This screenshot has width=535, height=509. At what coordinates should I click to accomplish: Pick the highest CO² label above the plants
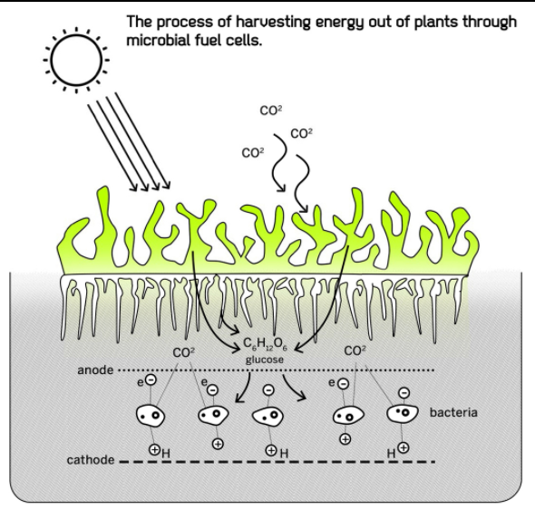point(271,110)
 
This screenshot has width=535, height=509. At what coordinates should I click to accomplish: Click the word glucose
point(265,360)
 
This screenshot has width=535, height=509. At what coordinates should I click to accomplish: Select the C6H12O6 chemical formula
point(265,344)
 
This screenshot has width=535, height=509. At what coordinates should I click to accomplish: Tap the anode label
point(95,370)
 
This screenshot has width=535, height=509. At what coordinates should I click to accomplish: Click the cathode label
point(91,460)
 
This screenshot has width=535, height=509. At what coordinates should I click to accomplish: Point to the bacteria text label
point(453,413)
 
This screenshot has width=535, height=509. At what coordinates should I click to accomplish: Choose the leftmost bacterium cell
point(151,416)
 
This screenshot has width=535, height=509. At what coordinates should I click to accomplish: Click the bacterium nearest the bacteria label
point(403,413)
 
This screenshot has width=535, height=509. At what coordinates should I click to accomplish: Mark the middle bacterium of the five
point(267,416)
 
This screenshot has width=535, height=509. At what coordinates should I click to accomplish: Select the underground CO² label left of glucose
point(183,352)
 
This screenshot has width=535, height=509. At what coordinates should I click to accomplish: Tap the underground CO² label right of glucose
point(355,351)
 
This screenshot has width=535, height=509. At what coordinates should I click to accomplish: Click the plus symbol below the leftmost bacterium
point(154,450)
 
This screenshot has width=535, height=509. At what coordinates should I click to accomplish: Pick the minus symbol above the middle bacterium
point(269,389)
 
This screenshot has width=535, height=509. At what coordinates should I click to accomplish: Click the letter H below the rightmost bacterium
point(391,454)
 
